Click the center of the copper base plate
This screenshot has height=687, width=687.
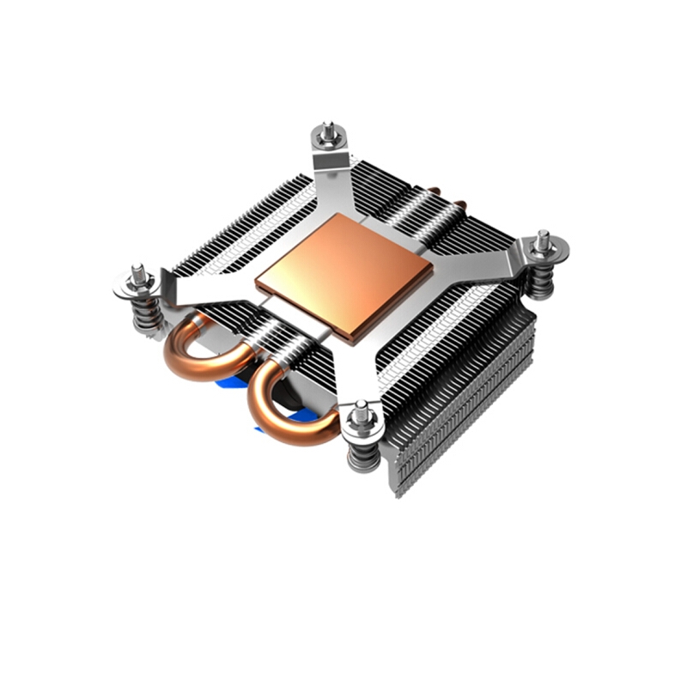pyautogui.click(x=343, y=274)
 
